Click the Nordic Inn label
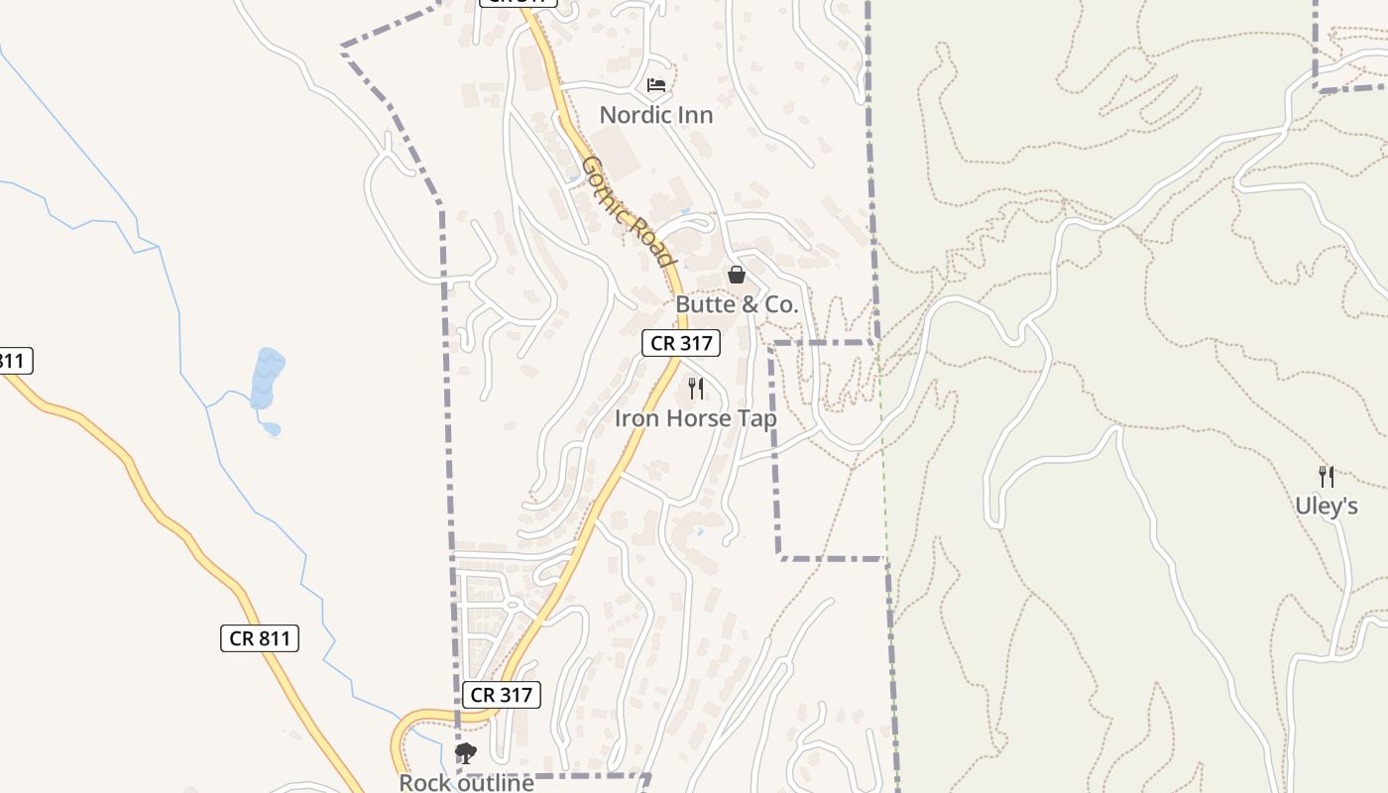tap(656, 115)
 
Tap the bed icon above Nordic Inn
tap(656, 84)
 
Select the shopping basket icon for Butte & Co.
tap(737, 275)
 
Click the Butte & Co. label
tap(737, 304)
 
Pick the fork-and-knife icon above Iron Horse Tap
tap(696, 388)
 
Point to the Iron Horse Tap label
tap(696, 418)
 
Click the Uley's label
tap(1326, 507)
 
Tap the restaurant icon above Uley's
tap(1326, 476)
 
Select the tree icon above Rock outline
tap(465, 753)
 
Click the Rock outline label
tap(466, 783)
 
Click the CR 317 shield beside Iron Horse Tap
tap(680, 344)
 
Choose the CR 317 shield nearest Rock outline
tap(502, 695)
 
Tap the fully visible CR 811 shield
tap(260, 638)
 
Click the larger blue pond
tap(268, 377)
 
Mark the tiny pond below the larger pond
tap(271, 429)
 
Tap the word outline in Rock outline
tap(492, 783)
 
